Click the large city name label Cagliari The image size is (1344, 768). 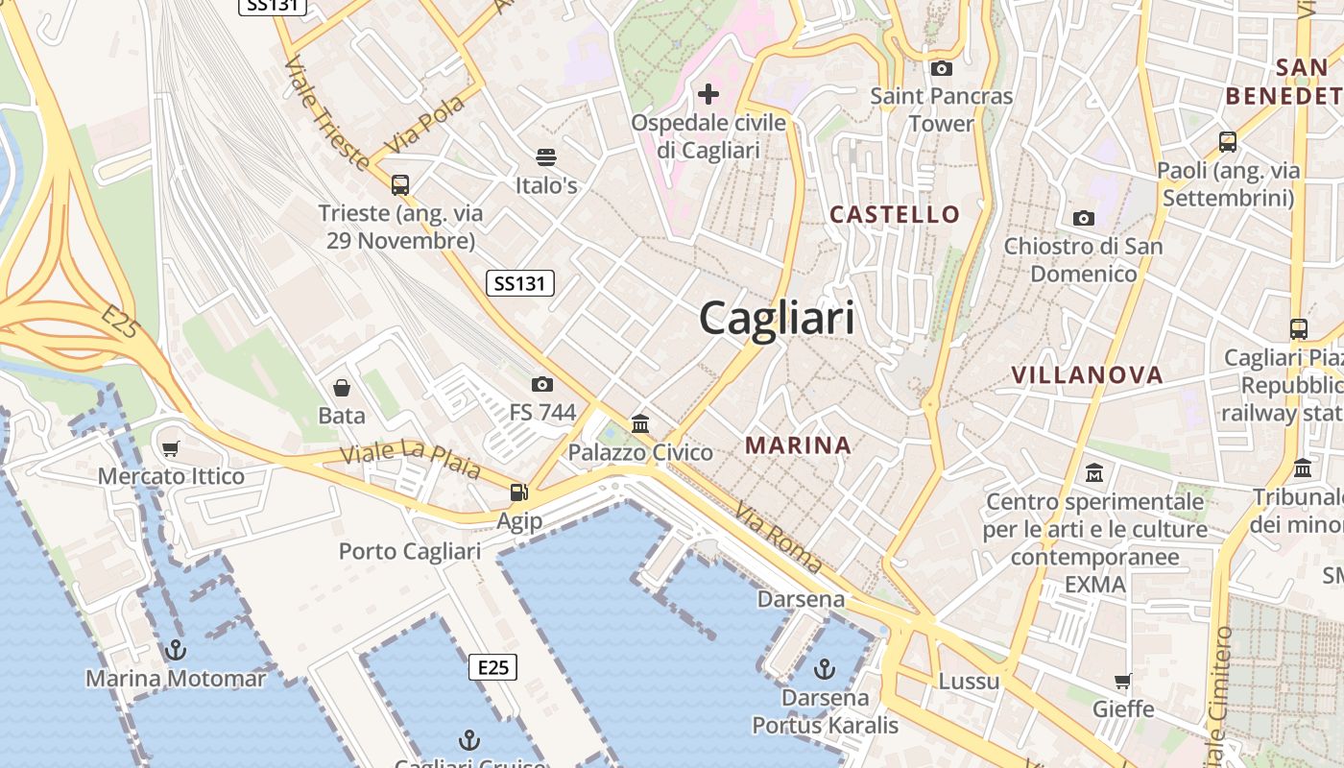[777, 318]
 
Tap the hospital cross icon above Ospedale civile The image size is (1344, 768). [708, 94]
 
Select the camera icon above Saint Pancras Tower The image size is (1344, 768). [941, 68]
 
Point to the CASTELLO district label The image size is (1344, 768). [895, 214]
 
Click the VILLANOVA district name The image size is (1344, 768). [1087, 375]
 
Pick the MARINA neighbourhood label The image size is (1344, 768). [798, 445]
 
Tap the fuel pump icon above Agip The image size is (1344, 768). [519, 492]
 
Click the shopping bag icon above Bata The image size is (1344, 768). [342, 388]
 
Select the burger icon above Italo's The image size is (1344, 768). [546, 156]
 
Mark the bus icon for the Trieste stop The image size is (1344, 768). [400, 184]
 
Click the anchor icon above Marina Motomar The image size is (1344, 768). [175, 650]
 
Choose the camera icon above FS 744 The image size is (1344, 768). [542, 384]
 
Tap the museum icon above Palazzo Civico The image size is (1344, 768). [640, 423]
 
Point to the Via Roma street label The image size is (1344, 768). [779, 538]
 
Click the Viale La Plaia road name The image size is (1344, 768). [411, 462]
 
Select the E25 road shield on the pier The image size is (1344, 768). [492, 667]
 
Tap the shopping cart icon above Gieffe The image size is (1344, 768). [1123, 681]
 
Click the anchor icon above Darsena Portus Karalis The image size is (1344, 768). [825, 668]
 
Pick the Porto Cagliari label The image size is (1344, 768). [410, 552]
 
